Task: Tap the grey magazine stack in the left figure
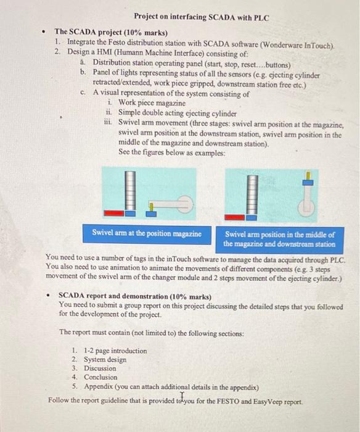(129, 189)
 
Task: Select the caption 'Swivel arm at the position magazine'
(147, 234)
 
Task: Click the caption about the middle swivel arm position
(279, 239)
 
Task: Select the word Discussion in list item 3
(100, 368)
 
